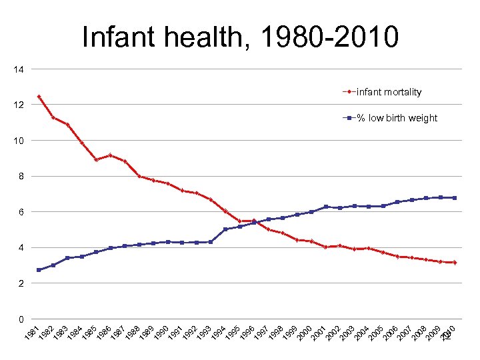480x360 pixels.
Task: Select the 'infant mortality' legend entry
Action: [389, 92]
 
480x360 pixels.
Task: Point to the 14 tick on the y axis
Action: [18, 69]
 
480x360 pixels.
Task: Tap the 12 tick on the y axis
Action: [18, 105]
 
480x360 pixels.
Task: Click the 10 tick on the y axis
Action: [18, 141]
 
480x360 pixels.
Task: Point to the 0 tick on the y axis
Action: [21, 319]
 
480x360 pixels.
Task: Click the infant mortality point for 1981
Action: [39, 97]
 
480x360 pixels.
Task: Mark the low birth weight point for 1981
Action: [39, 270]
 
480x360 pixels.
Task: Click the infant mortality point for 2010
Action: [455, 263]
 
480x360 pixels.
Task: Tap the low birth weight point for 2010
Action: [455, 198]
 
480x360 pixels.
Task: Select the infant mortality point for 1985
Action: [97, 159]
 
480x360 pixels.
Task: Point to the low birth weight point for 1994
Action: [225, 229]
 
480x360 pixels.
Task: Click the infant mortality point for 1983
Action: [68, 125]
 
